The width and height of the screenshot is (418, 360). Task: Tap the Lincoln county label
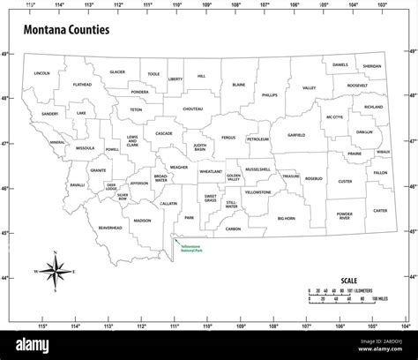pyautogui.click(x=41, y=73)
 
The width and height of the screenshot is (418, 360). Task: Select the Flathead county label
pyautogui.click(x=82, y=85)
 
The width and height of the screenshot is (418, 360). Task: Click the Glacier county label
pyautogui.click(x=117, y=71)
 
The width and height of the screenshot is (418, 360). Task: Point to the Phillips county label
pyautogui.click(x=269, y=94)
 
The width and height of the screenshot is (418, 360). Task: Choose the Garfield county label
pyautogui.click(x=295, y=136)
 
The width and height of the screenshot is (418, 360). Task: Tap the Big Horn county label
pyautogui.click(x=287, y=217)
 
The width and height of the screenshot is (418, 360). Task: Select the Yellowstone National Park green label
pyautogui.click(x=194, y=243)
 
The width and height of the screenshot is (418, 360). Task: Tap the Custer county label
pyautogui.click(x=345, y=181)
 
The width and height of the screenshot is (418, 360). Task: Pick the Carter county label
pyautogui.click(x=379, y=211)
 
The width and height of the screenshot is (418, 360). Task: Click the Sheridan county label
pyautogui.click(x=372, y=65)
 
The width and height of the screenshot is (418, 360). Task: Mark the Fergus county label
pyautogui.click(x=228, y=138)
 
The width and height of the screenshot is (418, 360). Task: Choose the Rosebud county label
pyautogui.click(x=314, y=178)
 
